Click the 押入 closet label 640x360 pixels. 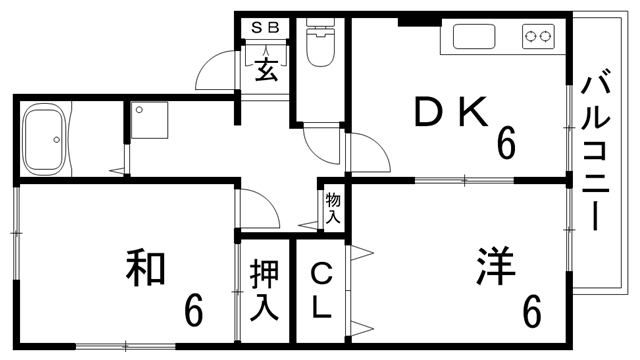coord(264,290)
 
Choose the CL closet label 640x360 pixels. coord(320,290)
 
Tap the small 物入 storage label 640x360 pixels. coord(333,206)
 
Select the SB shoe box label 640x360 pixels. coord(266,28)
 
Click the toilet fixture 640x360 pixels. coord(321,45)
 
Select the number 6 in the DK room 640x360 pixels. coord(506,146)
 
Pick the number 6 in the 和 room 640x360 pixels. coord(193,311)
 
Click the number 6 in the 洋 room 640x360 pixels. coord(531,311)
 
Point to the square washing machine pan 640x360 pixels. coord(150,122)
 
